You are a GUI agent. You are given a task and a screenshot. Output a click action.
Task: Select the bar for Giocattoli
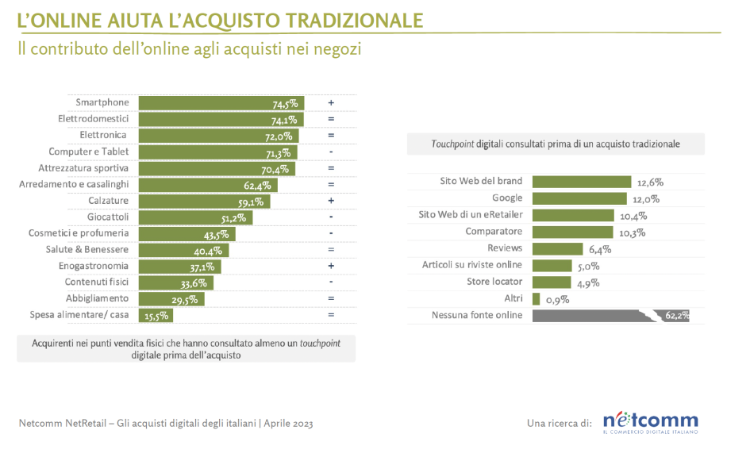[195, 217]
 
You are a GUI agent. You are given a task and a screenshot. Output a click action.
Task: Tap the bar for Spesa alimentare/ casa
[156, 315]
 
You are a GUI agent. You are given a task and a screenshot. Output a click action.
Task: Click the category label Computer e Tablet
[89, 152]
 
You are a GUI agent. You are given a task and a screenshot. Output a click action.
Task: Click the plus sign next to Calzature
[330, 201]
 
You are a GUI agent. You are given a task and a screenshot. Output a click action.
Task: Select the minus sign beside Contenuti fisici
[330, 282]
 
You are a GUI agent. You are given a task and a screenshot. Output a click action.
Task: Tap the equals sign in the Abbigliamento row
[330, 298]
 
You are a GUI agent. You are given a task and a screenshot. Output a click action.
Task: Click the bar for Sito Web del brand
[581, 182]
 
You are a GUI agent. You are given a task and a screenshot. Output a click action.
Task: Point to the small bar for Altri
[537, 299]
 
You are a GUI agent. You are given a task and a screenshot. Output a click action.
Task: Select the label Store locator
[495, 282]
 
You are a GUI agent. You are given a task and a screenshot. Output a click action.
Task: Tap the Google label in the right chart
[507, 198]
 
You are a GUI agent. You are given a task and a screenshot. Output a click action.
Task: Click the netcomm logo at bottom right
[650, 421]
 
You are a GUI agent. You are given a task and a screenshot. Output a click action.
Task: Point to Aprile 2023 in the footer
[289, 424]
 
